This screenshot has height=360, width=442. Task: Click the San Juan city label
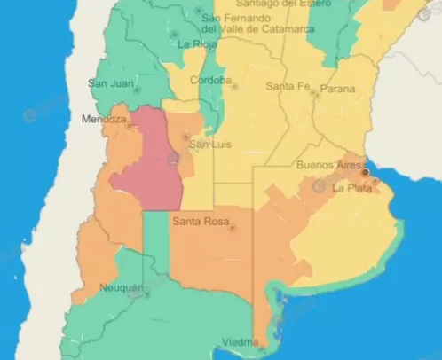coord(111,83)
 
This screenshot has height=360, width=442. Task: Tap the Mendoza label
coord(102,119)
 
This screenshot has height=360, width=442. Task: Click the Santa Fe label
coord(288,86)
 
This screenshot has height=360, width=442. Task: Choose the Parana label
coord(337,89)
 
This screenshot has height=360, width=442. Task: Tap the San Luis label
coord(210,145)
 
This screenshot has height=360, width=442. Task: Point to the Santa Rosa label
coord(200,221)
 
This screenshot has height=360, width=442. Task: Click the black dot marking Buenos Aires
coord(365,172)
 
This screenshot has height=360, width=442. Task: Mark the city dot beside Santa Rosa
coord(233,228)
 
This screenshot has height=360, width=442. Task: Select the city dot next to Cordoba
coord(234,86)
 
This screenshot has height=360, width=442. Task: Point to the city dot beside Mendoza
coord(130,126)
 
